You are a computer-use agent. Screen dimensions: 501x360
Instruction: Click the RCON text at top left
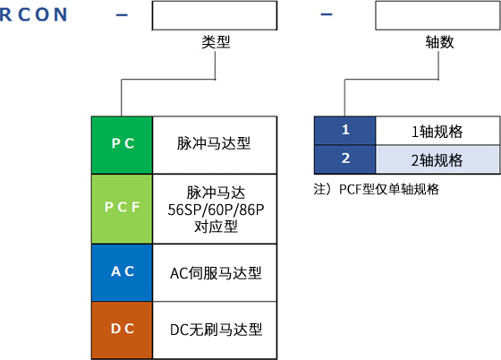pos(34,14)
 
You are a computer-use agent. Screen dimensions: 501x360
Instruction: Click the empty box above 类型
pos(215,15)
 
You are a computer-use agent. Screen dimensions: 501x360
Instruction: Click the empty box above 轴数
pos(437,15)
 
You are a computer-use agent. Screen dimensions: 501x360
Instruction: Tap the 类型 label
pos(216,42)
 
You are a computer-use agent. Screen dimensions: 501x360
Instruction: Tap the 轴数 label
pos(439,42)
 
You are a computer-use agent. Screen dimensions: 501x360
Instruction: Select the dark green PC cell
pos(122,145)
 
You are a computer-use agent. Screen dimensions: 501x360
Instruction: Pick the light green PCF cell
pos(122,209)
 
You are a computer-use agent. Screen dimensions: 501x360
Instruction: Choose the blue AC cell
pos(122,273)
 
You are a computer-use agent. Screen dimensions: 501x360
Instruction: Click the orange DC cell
pos(122,330)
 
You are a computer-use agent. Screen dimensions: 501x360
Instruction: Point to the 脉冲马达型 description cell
pos(215,145)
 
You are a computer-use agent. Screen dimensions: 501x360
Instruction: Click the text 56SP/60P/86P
pos(216,210)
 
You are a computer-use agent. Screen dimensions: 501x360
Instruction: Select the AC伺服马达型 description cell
pos(215,273)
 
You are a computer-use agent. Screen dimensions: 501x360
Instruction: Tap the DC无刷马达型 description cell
pos(215,330)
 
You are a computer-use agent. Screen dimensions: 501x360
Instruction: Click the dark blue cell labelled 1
pos(344,131)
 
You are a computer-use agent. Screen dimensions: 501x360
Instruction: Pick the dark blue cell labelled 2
pos(344,159)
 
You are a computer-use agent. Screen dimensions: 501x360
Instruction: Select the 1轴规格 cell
pos(437,131)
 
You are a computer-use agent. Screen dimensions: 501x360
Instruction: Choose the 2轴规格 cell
pos(437,159)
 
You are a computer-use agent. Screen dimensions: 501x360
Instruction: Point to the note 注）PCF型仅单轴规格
pos(377,189)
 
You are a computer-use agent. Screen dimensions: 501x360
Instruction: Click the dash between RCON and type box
pos(122,14)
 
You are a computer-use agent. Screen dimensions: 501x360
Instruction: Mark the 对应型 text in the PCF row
pos(216,227)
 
